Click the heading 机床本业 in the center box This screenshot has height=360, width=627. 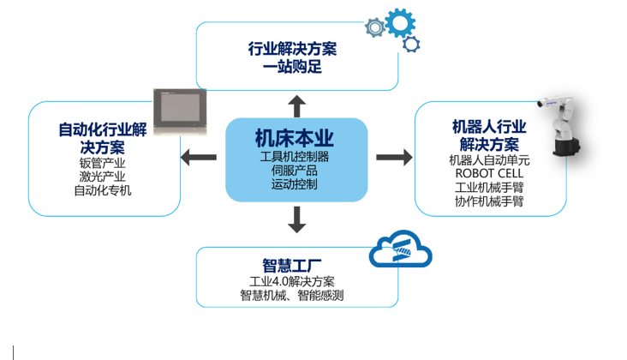coord(295,138)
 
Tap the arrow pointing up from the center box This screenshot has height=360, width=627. coord(296,106)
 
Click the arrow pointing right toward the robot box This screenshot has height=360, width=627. coord(394,158)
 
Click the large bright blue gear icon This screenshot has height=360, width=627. coord(400,21)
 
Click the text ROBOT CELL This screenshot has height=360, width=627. coord(489,174)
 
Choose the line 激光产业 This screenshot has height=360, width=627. coord(103,176)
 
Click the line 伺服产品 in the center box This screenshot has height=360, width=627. coord(295,171)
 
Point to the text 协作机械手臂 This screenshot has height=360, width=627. coord(489,202)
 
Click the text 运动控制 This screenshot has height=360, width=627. coord(295,184)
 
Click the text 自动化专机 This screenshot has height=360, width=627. coord(103,190)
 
